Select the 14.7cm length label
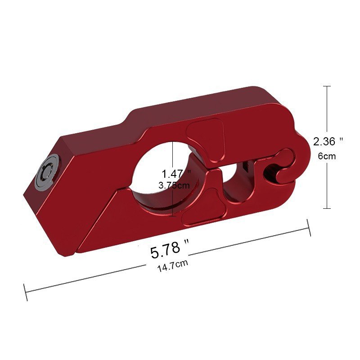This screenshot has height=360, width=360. pyautogui.click(x=173, y=266)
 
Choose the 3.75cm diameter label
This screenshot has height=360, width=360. pyautogui.click(x=175, y=185)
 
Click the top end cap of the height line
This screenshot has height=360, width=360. pyautogui.click(x=327, y=86)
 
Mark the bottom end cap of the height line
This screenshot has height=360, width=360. pyautogui.click(x=327, y=208)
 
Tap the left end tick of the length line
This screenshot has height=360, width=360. pyautogui.click(x=26, y=292)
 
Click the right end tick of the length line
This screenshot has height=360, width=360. pyautogui.click(x=309, y=227)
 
